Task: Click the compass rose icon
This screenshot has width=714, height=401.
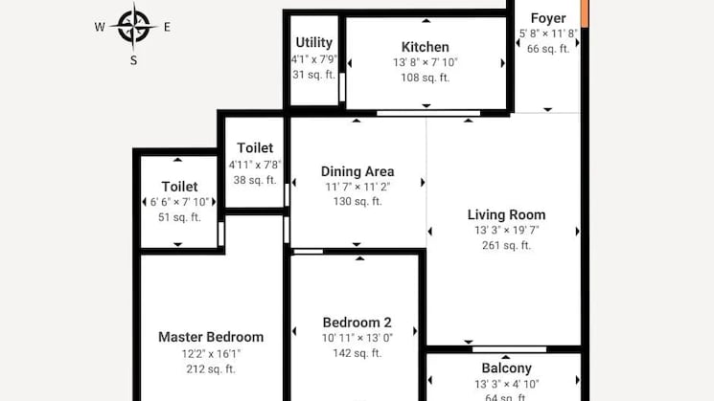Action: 133,27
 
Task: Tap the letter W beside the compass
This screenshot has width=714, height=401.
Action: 100,27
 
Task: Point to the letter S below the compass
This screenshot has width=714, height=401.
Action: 133,60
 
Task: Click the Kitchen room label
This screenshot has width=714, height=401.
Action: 426,47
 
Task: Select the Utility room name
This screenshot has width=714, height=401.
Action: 313,42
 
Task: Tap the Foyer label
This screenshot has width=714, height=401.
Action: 548,18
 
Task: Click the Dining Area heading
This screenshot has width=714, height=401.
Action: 357,171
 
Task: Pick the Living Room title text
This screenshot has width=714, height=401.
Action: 506,214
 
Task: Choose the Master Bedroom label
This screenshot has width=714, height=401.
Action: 211,337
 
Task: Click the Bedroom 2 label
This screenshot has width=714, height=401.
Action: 357,323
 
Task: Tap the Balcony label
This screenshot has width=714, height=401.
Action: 507,368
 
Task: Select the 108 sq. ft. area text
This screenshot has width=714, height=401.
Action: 426,78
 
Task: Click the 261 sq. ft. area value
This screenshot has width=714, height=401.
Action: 506,246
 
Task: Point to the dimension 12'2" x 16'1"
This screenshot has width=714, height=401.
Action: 211,354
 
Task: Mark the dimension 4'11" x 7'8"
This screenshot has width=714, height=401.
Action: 255,165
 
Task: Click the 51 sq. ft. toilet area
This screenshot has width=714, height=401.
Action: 179,217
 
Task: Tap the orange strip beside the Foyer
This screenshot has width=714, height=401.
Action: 585,13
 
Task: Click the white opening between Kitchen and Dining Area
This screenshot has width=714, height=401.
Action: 428,113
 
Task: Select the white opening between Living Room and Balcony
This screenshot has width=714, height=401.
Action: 510,349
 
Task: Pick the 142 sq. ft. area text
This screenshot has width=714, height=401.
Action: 357,353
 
